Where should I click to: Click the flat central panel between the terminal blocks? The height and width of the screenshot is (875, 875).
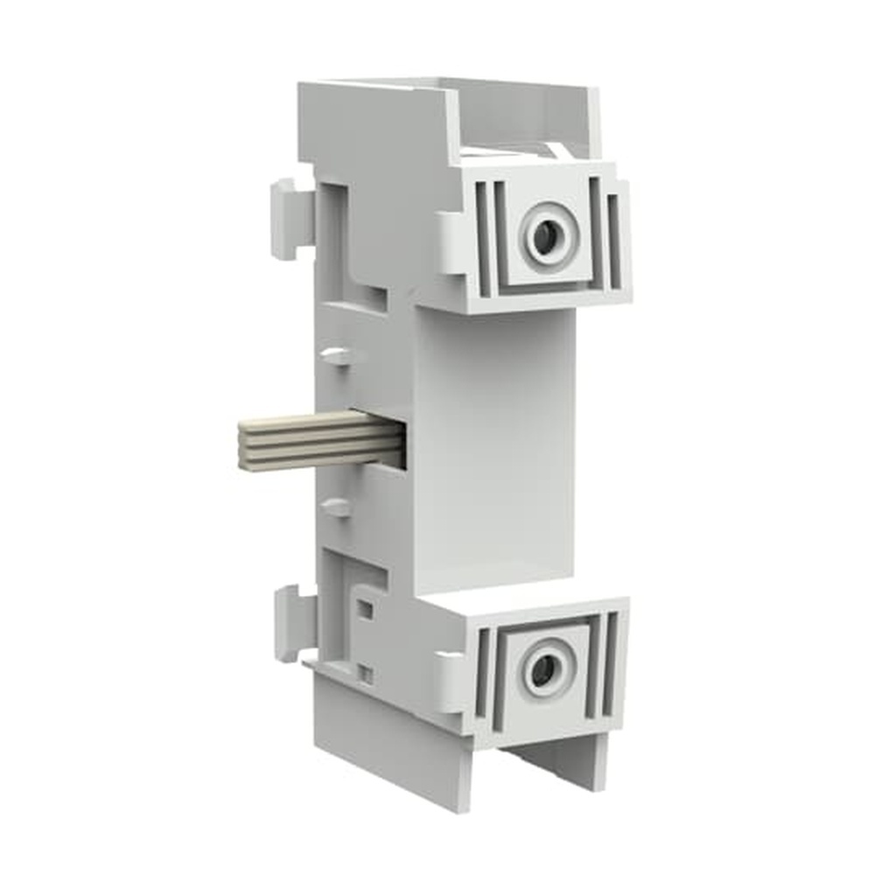click(494, 446)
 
